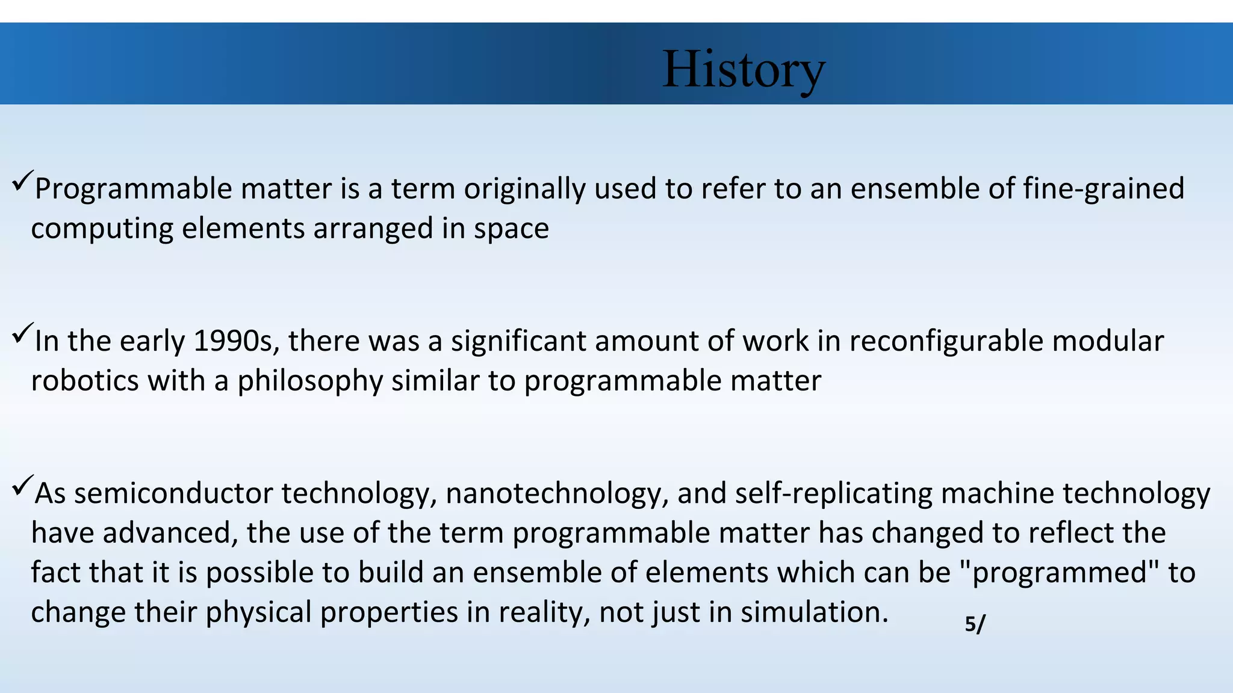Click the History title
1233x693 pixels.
[744, 70]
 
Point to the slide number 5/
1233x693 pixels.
[975, 624]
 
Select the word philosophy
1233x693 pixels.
[310, 381]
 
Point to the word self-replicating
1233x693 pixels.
[833, 493]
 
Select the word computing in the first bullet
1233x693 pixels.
[102, 229]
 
